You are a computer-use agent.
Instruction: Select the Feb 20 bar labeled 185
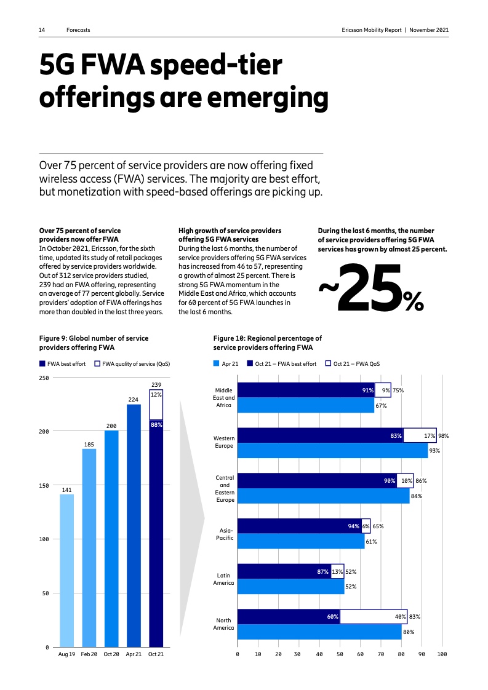click(x=89, y=547)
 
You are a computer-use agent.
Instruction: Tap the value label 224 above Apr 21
click(x=134, y=399)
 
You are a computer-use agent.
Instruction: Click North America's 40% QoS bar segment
click(x=373, y=616)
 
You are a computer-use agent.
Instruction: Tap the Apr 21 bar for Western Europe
click(x=332, y=451)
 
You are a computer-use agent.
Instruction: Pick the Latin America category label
click(x=223, y=579)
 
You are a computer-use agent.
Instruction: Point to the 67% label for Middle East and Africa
click(x=380, y=405)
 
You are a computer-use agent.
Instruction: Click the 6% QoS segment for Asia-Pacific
click(x=366, y=526)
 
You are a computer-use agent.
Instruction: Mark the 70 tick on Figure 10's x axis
click(x=380, y=656)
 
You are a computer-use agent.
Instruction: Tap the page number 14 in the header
click(x=42, y=30)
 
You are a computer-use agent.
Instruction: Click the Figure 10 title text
click(x=267, y=343)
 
